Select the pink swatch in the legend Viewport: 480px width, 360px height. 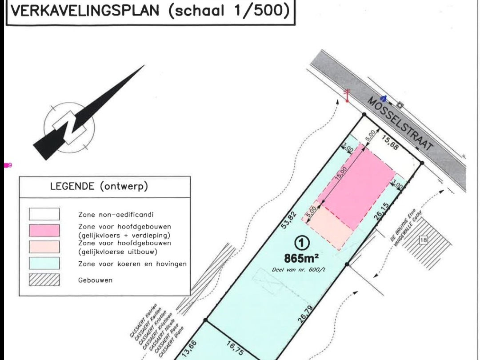(x=44, y=231)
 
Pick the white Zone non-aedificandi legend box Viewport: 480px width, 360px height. (x=44, y=214)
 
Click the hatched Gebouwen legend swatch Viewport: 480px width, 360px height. (x=44, y=280)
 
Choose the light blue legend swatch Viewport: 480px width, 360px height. (x=44, y=264)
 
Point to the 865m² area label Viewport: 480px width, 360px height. (x=302, y=258)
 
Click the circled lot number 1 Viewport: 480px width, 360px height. (x=302, y=243)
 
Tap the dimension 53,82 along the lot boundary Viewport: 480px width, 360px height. (x=288, y=220)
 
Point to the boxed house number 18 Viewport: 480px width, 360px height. (x=423, y=240)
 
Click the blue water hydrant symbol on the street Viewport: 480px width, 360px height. (x=384, y=98)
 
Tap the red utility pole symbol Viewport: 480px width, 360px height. (x=347, y=95)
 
